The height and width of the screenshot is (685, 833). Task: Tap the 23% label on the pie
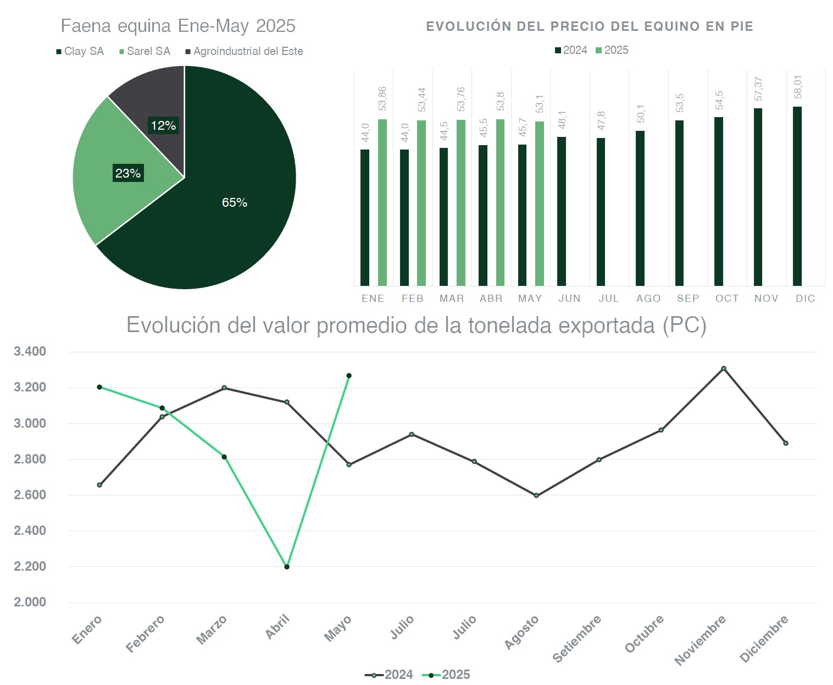click(x=128, y=173)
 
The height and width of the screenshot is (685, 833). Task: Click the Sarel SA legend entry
click(x=145, y=51)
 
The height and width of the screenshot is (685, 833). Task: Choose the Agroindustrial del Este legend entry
click(x=245, y=51)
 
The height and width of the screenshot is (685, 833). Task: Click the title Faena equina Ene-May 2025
click(x=178, y=26)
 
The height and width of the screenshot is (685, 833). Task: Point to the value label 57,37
click(x=758, y=89)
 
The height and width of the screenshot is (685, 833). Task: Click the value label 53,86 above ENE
click(x=382, y=98)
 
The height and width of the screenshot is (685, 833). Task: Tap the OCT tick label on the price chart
click(x=727, y=299)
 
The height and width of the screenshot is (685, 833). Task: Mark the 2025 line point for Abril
click(x=287, y=567)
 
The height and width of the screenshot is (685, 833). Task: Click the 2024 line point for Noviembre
click(x=724, y=368)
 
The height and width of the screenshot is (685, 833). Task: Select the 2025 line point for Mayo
click(x=349, y=376)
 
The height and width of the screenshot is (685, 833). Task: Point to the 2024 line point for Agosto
click(x=536, y=496)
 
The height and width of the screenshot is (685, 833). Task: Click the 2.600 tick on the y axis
click(x=30, y=495)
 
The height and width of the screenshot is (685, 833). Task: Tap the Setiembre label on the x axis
click(x=577, y=639)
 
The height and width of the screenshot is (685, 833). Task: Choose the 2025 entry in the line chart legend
click(x=447, y=675)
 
